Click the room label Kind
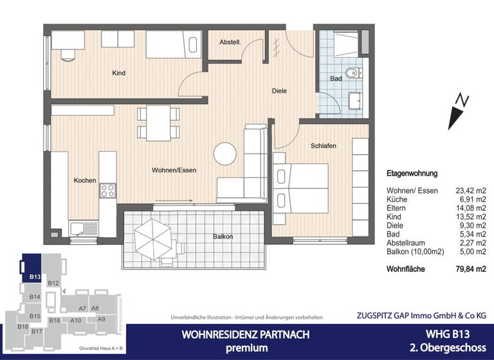(x=118, y=73)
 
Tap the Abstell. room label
(x=230, y=42)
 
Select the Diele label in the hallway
(x=279, y=91)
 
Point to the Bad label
(x=335, y=78)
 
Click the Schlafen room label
(x=323, y=146)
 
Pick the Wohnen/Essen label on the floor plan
(x=174, y=170)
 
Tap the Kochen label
(x=84, y=181)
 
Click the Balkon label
(x=223, y=237)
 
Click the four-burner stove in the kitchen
(x=107, y=190)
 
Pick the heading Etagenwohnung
(x=412, y=174)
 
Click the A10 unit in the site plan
(x=75, y=320)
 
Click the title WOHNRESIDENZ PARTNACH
(x=236, y=334)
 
